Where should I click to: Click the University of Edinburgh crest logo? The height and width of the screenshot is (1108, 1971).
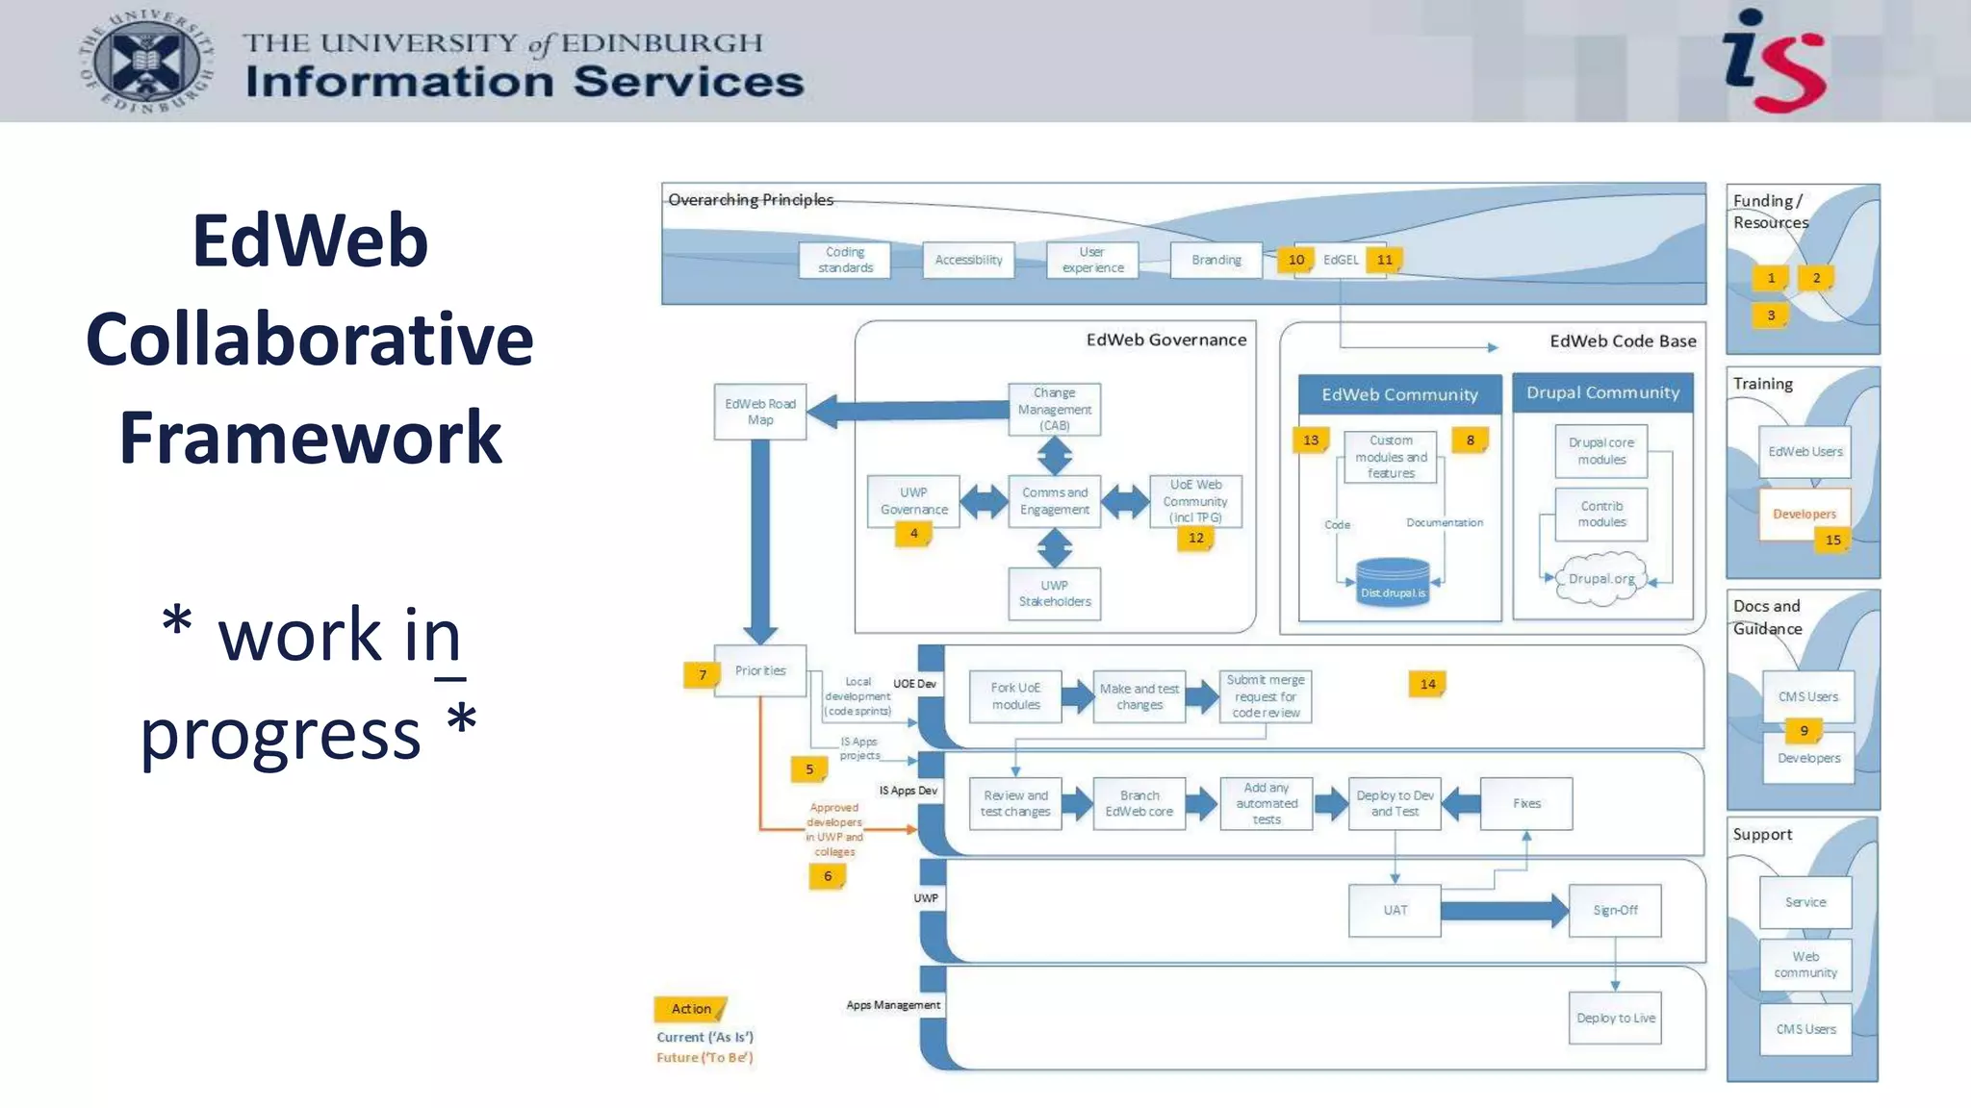click(146, 63)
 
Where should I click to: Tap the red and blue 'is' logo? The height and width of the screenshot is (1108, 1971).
click(1774, 62)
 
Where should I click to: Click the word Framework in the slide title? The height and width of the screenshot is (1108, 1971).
click(310, 438)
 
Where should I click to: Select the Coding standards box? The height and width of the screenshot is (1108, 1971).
click(845, 260)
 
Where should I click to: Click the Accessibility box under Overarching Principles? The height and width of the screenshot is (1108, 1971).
click(968, 260)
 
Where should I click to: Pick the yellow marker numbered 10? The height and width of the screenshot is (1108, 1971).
click(1296, 260)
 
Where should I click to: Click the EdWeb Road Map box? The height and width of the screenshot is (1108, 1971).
click(760, 412)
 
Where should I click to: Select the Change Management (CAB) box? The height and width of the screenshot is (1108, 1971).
click(1055, 409)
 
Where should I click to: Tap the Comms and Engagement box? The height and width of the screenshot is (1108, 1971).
click(1055, 501)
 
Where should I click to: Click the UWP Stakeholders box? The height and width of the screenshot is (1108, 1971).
click(1055, 593)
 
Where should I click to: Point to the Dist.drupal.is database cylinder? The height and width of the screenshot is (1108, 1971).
click(1393, 583)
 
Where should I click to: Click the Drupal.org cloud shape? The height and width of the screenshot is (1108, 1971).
click(1601, 578)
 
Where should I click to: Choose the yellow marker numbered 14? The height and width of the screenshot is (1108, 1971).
click(1427, 684)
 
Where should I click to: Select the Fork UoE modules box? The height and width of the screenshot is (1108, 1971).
click(1015, 696)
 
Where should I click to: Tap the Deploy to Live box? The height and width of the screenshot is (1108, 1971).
click(1615, 1018)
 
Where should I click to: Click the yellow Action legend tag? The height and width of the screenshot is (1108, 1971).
click(691, 1009)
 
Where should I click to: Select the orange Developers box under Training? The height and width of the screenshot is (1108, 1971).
click(1804, 514)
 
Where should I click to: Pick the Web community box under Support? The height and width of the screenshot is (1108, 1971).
click(1805, 964)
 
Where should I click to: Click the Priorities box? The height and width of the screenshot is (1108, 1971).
click(760, 670)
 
